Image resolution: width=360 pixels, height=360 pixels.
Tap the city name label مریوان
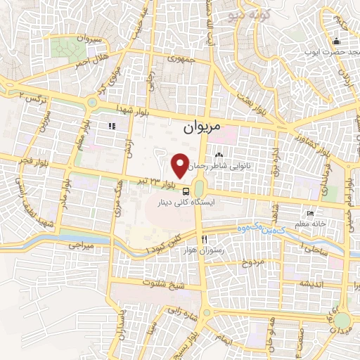[202, 128]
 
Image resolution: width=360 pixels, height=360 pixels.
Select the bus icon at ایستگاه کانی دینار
[185, 191]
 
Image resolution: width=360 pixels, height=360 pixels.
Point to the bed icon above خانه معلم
[310, 214]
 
